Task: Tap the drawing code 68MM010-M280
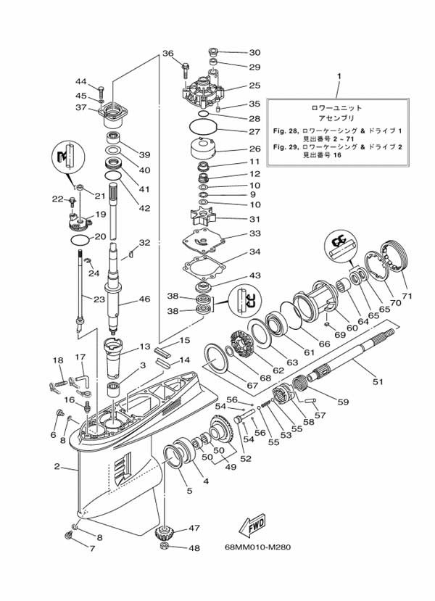pos(257,547)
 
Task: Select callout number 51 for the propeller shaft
pos(378,381)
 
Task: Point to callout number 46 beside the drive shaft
pos(144,299)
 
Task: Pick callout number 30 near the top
pos(255,52)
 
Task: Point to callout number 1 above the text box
pos(339,77)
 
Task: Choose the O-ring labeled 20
pos(80,239)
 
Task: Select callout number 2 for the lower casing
pos(57,466)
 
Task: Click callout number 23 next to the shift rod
pos(99,299)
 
